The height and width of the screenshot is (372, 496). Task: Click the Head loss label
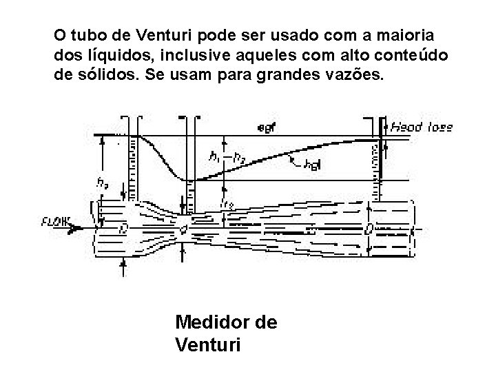[x=422, y=127]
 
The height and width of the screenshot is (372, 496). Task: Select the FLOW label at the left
[x=56, y=222]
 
